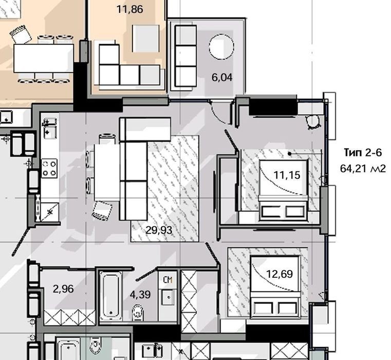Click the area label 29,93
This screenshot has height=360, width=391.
[159, 230]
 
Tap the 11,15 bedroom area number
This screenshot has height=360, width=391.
[287, 175]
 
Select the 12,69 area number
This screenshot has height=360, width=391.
[280, 274]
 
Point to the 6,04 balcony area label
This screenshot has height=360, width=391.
[222, 77]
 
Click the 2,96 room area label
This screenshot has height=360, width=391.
[63, 289]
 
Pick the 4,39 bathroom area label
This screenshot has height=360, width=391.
[140, 295]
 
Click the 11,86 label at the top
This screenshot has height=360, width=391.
[129, 9]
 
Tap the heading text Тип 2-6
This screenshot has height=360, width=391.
[363, 152]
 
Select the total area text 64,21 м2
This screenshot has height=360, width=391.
[363, 169]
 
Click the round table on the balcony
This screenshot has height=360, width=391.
[221, 47]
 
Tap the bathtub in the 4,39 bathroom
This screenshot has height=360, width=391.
[111, 296]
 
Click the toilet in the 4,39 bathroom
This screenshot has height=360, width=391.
[137, 312]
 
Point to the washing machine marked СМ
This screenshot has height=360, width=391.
[168, 280]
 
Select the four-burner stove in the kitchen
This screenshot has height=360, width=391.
[49, 169]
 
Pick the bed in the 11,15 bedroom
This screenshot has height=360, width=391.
[284, 190]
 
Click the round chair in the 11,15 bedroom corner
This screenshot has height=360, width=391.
[313, 122]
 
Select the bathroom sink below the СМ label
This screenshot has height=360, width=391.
[169, 297]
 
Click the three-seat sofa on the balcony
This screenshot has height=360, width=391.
[185, 56]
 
